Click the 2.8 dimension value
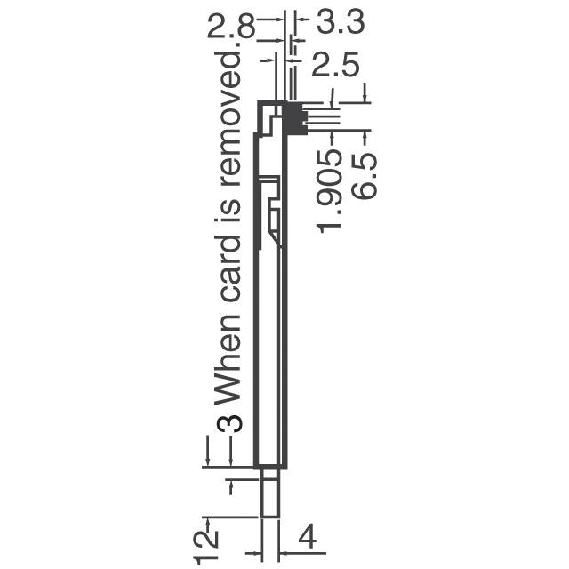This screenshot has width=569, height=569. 231,27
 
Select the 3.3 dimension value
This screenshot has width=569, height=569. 340,21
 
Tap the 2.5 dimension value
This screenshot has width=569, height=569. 335,64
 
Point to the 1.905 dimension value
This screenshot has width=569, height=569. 330,191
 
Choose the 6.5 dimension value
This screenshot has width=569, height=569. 364,176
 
